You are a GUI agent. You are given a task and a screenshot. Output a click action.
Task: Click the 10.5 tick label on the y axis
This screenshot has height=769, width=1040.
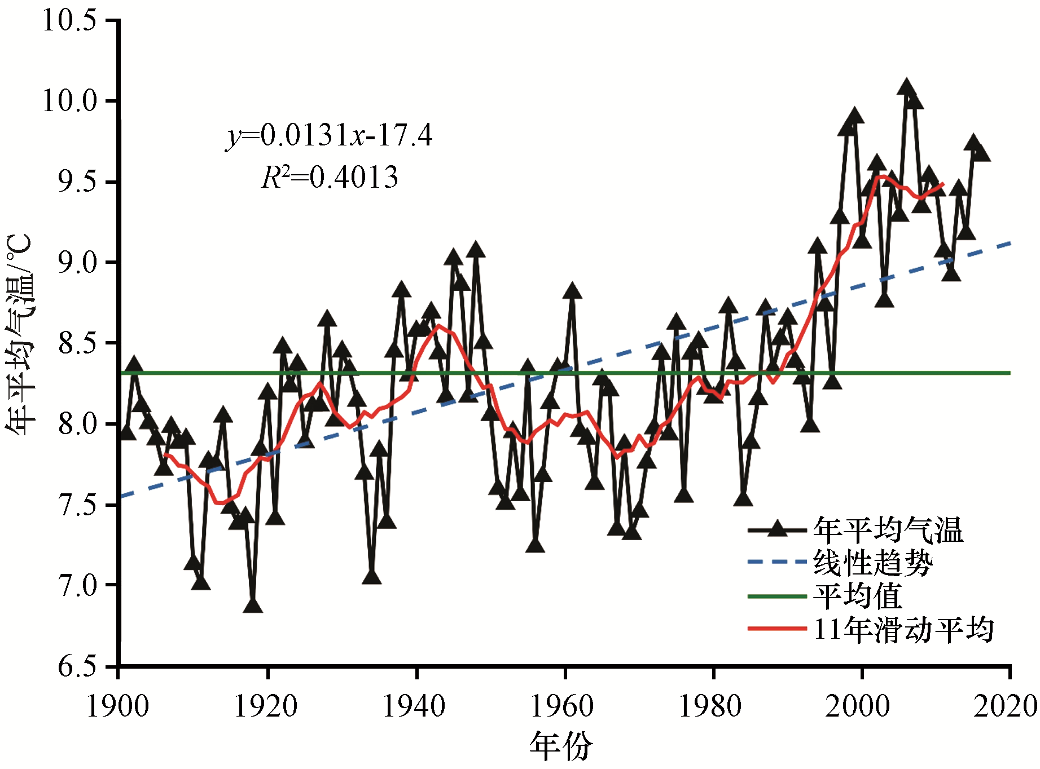pos(70,21)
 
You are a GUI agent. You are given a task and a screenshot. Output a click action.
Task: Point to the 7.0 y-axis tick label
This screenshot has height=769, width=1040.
pos(77,586)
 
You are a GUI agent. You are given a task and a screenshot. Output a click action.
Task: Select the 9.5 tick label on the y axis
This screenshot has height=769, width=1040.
pos(77,182)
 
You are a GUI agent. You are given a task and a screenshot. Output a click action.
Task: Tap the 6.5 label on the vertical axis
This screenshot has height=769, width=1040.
pos(77,666)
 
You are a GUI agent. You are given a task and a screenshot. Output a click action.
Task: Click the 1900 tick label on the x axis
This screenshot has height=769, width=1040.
pos(117,706)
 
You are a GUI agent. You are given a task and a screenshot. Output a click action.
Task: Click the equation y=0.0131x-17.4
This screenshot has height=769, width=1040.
pos(330,135)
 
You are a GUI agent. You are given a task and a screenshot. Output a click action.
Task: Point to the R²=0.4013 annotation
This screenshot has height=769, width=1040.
pos(330,177)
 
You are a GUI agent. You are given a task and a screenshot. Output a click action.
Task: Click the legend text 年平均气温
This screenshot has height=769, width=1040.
pos(888,529)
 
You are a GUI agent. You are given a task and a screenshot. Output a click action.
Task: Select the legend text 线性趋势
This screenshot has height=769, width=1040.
pos(873,563)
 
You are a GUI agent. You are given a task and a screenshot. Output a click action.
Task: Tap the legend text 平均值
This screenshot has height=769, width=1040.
pos(858,596)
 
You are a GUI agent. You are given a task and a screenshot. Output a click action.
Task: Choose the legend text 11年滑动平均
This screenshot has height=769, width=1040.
pos(903,629)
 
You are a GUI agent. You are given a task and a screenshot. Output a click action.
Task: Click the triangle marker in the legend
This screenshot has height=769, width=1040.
pos(778,529)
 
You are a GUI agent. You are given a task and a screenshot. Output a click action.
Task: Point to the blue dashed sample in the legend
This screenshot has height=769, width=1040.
pos(777,562)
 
